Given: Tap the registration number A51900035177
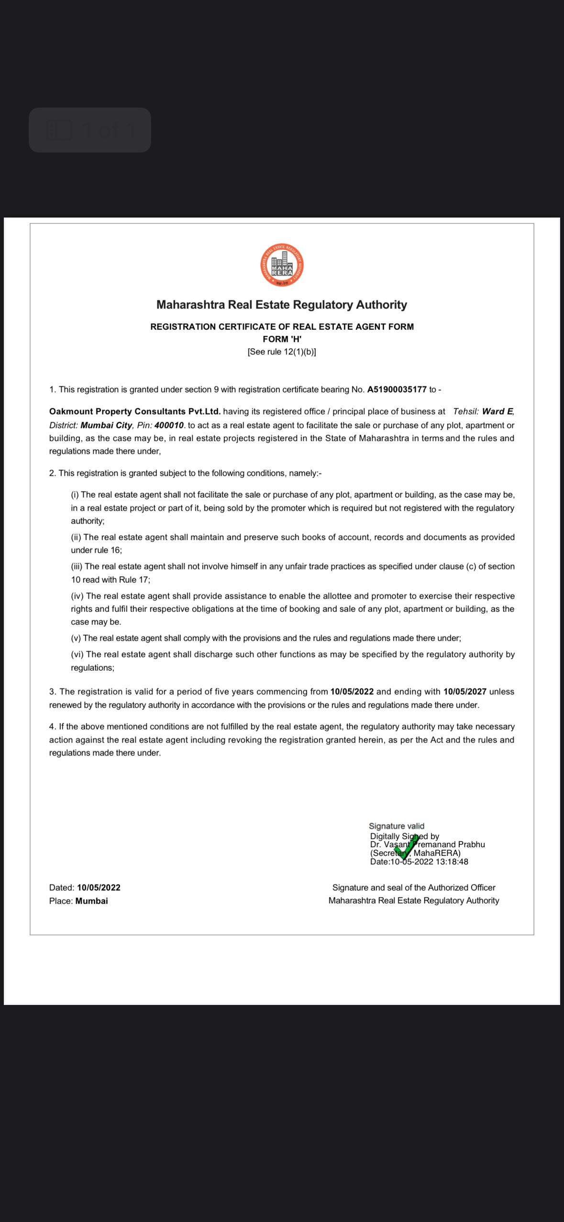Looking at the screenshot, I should pyautogui.click(x=397, y=390).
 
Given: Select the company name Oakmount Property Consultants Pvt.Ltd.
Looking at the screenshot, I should pyautogui.click(x=135, y=412).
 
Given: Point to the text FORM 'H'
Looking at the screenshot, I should pyautogui.click(x=282, y=339).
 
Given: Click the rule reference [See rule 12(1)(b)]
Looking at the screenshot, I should pyautogui.click(x=282, y=352).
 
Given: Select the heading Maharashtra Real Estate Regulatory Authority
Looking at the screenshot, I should pyautogui.click(x=282, y=305).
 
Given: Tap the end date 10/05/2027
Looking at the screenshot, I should pyautogui.click(x=464, y=692).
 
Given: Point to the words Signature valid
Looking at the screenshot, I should pyautogui.click(x=396, y=826).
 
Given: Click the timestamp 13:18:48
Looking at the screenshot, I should pyautogui.click(x=452, y=862).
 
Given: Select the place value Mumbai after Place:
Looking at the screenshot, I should pyautogui.click(x=91, y=901).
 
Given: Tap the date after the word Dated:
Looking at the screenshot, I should pyautogui.click(x=99, y=888).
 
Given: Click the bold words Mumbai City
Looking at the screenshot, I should pyautogui.click(x=106, y=426).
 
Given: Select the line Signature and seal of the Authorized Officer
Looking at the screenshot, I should pyautogui.click(x=414, y=888).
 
